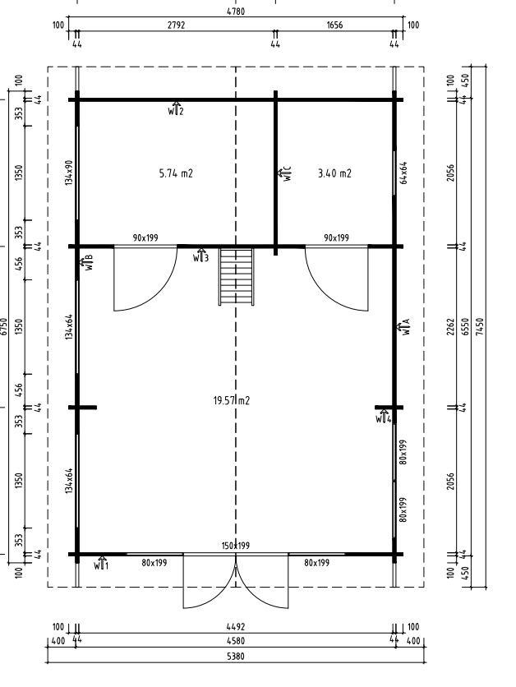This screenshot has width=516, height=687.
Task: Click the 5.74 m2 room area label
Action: tap(176, 173)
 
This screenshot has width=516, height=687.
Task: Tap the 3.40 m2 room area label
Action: tap(334, 173)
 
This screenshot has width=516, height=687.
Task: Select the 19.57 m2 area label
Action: tap(231, 400)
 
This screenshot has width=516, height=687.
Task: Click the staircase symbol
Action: tap(237, 276)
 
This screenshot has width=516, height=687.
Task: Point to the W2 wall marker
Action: tap(176, 108)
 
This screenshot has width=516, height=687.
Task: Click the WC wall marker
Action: tap(284, 173)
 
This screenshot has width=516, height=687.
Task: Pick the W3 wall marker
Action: tap(200, 256)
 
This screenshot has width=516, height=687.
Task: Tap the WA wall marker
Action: tap(404, 327)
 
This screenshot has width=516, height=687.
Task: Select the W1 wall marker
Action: tap(101, 564)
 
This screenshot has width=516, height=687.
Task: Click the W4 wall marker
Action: tap(383, 417)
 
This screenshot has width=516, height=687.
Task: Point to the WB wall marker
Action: tap(86, 262)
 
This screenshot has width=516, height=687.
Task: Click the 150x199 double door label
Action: tap(236, 546)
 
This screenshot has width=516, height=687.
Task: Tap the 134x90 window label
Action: tap(69, 173)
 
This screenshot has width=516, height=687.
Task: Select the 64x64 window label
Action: tap(403, 173)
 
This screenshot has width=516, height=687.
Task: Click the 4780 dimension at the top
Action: tap(236, 12)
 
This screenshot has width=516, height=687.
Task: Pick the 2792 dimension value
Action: tap(176, 25)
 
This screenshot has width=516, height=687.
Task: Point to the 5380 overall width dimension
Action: tap(236, 656)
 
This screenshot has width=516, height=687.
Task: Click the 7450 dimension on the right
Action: tap(480, 327)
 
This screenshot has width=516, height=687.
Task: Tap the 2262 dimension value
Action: tap(451, 327)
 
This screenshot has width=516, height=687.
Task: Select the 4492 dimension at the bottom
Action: tap(236, 627)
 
